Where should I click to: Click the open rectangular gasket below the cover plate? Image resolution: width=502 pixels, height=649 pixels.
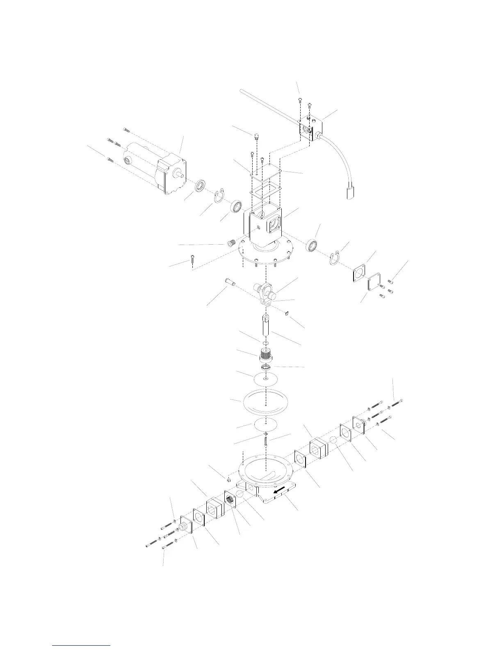click(x=265, y=189)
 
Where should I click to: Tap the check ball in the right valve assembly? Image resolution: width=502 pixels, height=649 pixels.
click(x=334, y=440)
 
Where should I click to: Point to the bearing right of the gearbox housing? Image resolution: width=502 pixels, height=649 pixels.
click(x=313, y=245)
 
